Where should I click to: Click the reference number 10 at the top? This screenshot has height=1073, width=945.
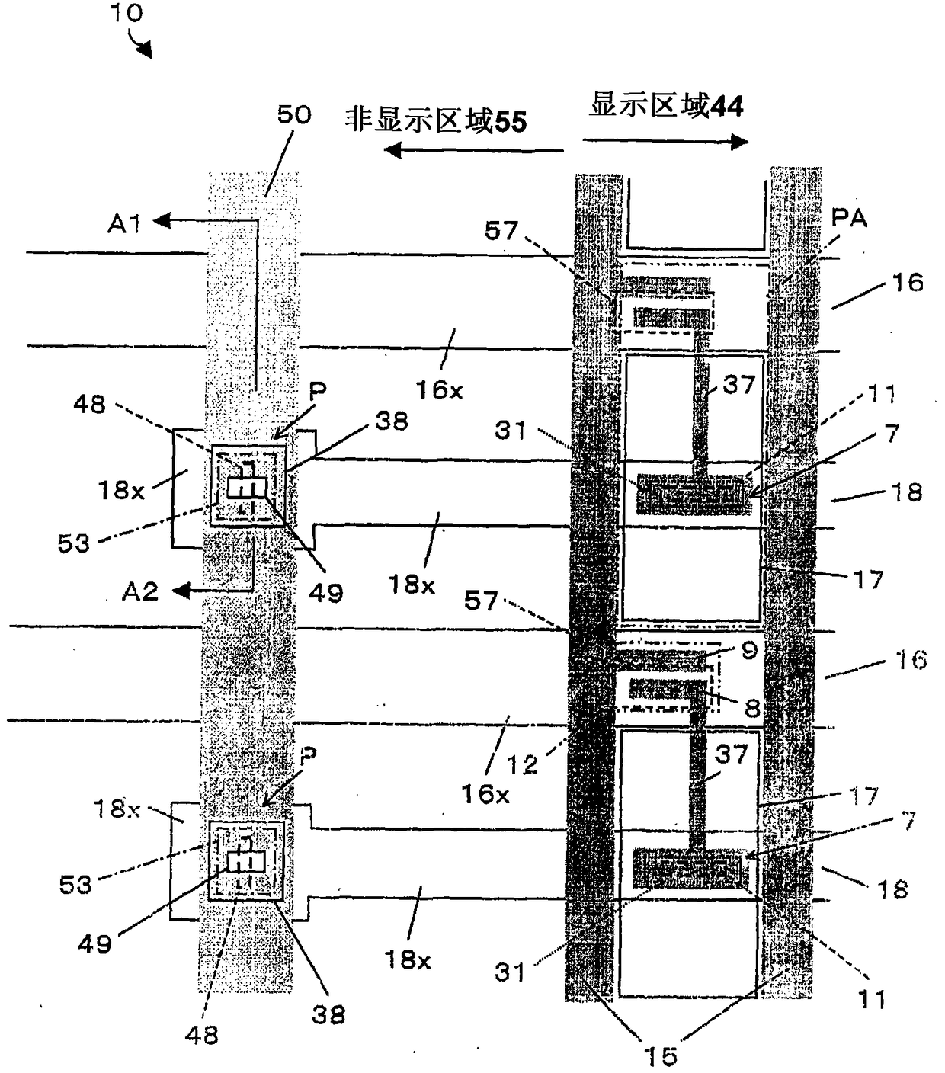pyautogui.click(x=127, y=14)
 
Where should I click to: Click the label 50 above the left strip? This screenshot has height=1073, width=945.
pyautogui.click(x=293, y=115)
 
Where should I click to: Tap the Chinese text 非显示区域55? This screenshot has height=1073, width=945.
pyautogui.click(x=436, y=120)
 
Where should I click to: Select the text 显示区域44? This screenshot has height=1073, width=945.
pyautogui.click(x=666, y=106)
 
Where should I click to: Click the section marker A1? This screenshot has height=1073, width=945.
pyautogui.click(x=125, y=223)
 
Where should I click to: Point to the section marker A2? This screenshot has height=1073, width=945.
pyautogui.click(x=140, y=591)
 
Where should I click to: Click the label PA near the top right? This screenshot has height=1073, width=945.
pyautogui.click(x=848, y=219)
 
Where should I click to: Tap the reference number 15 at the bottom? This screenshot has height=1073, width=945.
pyautogui.click(x=660, y=1055)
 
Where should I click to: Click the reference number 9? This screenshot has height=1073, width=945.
pyautogui.click(x=749, y=650)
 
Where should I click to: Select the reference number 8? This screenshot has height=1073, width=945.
pyautogui.click(x=752, y=708)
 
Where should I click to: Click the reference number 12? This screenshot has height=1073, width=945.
pyautogui.click(x=522, y=764)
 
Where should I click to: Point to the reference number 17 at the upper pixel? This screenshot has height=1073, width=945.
pyautogui.click(x=867, y=580)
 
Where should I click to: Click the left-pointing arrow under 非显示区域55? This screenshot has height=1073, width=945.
pyautogui.click(x=472, y=150)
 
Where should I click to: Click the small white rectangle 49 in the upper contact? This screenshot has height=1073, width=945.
pyautogui.click(x=247, y=488)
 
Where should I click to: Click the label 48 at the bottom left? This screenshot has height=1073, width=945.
pyautogui.click(x=201, y=1034)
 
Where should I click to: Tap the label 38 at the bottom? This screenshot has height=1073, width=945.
pyautogui.click(x=328, y=1014)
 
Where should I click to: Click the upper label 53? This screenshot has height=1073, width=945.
pyautogui.click(x=73, y=543)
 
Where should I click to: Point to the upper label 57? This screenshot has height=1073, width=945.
pyautogui.click(x=501, y=230)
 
